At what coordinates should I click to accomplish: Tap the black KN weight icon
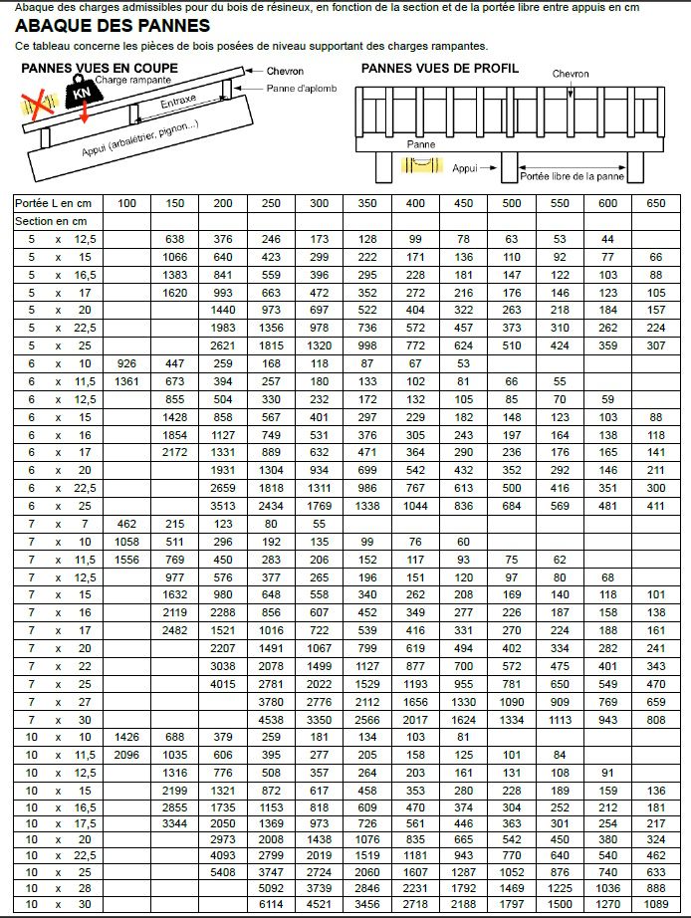click(79, 95)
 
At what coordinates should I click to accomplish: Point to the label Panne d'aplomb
click(301, 89)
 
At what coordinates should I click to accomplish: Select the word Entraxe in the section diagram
click(178, 102)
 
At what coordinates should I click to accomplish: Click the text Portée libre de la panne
click(572, 175)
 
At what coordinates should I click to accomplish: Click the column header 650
click(655, 202)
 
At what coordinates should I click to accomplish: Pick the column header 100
click(126, 202)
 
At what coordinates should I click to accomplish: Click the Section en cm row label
click(51, 221)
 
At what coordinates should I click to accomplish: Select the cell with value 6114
click(271, 904)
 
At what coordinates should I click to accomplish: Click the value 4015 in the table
click(223, 684)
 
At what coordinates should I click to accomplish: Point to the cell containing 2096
click(126, 755)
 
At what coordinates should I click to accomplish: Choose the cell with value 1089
click(655, 904)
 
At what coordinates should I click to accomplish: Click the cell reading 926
click(126, 363)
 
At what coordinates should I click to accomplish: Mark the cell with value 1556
click(126, 560)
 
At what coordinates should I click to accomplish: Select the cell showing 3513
click(223, 506)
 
